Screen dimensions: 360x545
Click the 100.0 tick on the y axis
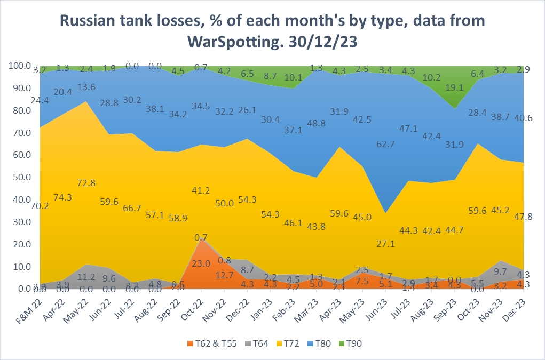[20, 66]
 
